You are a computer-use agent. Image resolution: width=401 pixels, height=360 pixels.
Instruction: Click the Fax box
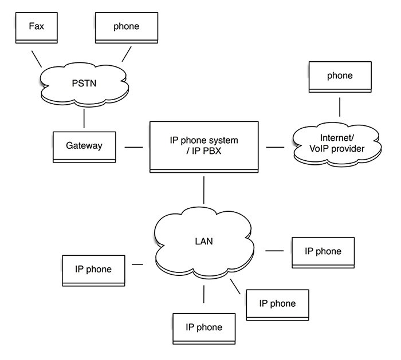click(36, 27)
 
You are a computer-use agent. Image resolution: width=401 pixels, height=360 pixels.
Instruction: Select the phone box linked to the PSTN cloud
click(127, 27)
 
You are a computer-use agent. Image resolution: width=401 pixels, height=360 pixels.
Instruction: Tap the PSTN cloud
click(84, 84)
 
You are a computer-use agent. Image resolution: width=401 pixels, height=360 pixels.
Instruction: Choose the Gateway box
click(84, 147)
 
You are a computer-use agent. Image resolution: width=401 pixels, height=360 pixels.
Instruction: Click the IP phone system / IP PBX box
click(204, 147)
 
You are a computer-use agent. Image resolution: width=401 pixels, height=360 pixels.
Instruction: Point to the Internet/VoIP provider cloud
click(337, 144)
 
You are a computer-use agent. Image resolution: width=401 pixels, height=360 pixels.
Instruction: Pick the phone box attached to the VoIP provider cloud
click(340, 77)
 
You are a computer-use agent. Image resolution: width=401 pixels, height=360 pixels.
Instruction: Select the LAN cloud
click(204, 243)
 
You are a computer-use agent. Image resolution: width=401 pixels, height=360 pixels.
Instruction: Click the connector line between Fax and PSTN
click(37, 59)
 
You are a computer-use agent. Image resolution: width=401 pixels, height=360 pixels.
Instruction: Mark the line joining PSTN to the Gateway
click(84, 118)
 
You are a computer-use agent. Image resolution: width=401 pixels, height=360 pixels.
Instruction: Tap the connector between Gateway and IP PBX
click(133, 147)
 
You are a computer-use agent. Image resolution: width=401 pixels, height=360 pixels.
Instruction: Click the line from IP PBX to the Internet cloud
click(275, 147)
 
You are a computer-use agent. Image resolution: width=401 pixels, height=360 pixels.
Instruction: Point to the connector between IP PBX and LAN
click(204, 190)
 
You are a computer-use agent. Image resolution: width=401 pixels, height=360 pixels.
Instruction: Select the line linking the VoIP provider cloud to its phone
click(340, 107)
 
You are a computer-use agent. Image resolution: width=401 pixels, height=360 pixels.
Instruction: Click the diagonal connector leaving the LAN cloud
click(235, 286)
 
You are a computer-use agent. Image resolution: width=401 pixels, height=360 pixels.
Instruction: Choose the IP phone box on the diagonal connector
click(277, 305)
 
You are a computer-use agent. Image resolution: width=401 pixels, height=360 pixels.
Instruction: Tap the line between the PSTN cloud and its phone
click(127, 54)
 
